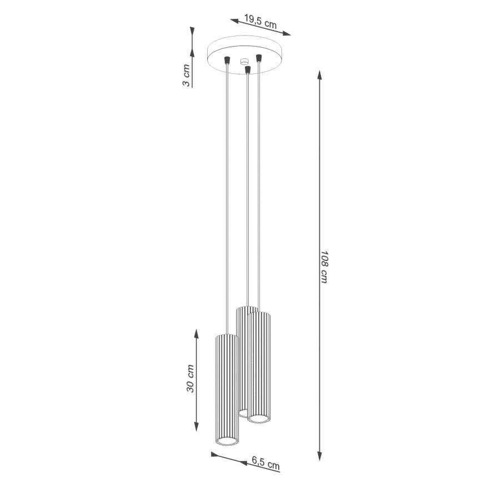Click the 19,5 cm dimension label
pos(260,21)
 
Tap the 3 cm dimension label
pos(187,75)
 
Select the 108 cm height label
pos(325,267)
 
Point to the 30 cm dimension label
pos(190,379)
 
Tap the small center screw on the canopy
pos(244,62)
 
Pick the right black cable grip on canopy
pos(258,57)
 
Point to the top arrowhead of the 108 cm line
pos(319,74)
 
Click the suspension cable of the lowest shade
pos(227,194)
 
